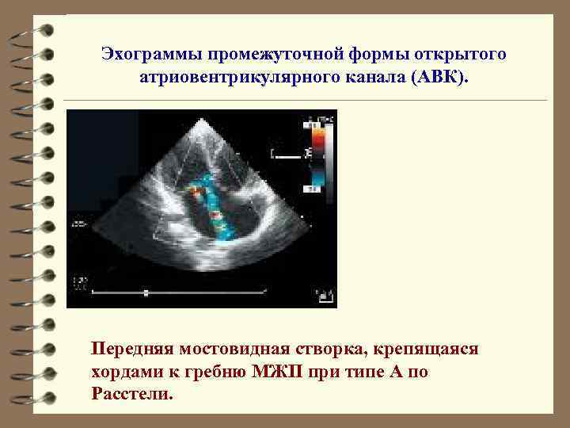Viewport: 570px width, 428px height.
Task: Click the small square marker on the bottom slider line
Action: coord(146,293)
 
